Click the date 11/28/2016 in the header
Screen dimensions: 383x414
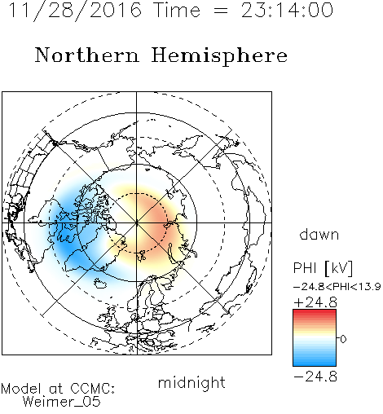(75, 11)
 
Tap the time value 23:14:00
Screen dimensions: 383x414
(287, 10)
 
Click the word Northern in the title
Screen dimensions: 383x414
(87, 55)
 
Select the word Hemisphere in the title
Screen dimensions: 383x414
(219, 56)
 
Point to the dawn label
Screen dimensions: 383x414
(319, 234)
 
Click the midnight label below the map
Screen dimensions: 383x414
(191, 382)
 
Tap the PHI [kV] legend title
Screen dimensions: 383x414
(323, 268)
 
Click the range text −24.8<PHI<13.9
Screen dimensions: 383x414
(337, 287)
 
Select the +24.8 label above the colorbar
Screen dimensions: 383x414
(315, 302)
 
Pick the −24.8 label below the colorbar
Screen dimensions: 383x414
(315, 377)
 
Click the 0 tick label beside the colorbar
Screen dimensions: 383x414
(343, 339)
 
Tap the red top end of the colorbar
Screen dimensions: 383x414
(315, 311)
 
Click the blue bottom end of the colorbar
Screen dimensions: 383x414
(315, 363)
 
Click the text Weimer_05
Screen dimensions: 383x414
(62, 402)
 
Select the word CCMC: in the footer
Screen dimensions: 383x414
(92, 388)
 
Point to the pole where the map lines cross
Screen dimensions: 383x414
(137, 223)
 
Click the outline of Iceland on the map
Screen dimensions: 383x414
(102, 283)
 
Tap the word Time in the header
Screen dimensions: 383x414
(178, 11)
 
